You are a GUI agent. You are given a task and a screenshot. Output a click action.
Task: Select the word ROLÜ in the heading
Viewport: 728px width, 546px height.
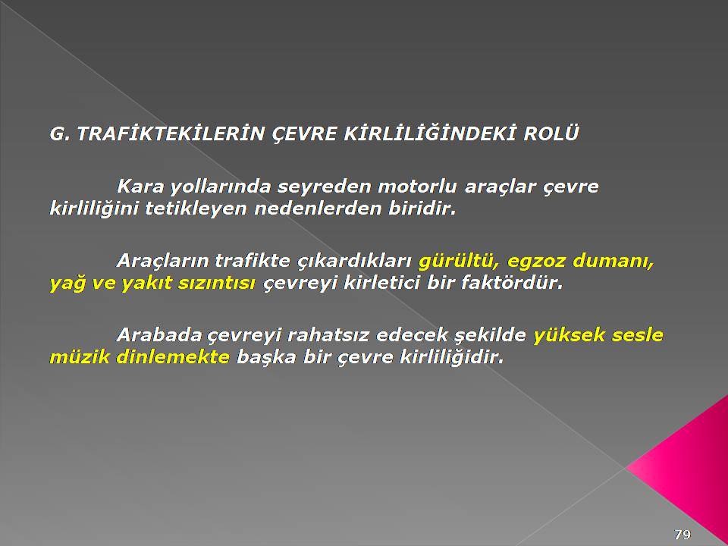[x=551, y=133]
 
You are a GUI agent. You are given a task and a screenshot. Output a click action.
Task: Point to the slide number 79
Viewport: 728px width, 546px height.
[x=682, y=534]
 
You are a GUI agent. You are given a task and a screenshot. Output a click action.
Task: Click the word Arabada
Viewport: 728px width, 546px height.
[x=159, y=334]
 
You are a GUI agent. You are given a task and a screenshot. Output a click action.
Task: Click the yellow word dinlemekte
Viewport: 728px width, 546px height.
[x=173, y=357]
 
